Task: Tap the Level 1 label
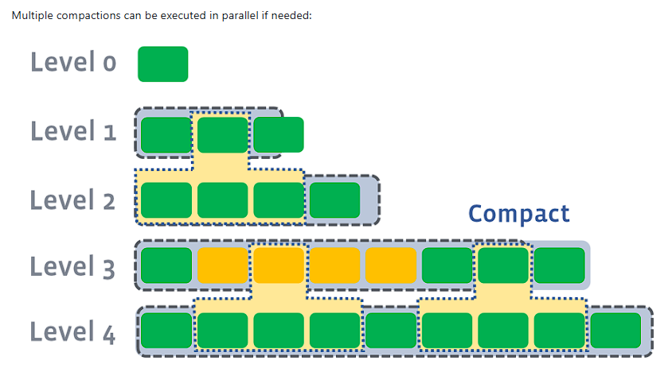click(x=73, y=132)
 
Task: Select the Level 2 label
click(x=73, y=200)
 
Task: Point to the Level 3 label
click(x=73, y=266)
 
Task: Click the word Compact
click(x=518, y=214)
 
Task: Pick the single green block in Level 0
click(x=162, y=64)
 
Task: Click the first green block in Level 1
click(x=166, y=134)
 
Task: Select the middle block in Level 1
click(x=222, y=134)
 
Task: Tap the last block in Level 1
click(x=278, y=134)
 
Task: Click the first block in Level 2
click(x=166, y=200)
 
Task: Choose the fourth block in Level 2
click(x=334, y=200)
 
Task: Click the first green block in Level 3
click(x=166, y=265)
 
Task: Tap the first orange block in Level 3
click(x=222, y=265)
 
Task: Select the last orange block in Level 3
click(x=391, y=265)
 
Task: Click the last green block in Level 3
click(x=559, y=265)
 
